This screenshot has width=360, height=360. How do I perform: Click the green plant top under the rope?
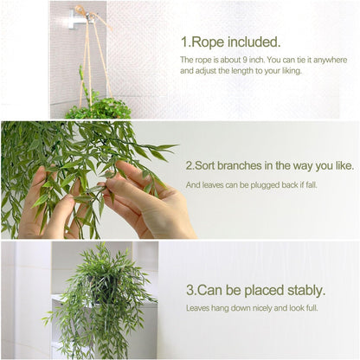97,108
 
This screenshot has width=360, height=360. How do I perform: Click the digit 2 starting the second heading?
190,164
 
